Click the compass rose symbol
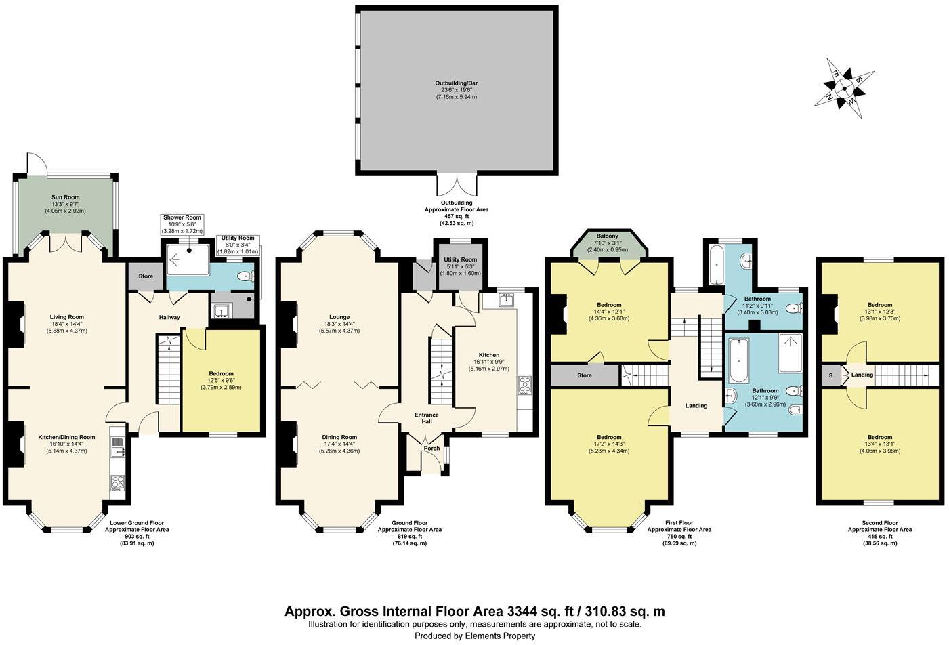coord(844,86)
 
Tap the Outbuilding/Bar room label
coord(456,83)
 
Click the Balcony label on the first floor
coord(606,236)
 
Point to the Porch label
coord(431,448)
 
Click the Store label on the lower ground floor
coord(146,276)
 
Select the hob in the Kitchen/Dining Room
coord(117,482)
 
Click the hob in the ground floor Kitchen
coord(526,384)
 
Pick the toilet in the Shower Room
coord(246,276)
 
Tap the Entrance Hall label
coord(427,419)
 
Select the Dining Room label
coord(339,437)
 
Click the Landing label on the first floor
coord(696,405)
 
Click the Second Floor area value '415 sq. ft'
coord(880,536)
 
